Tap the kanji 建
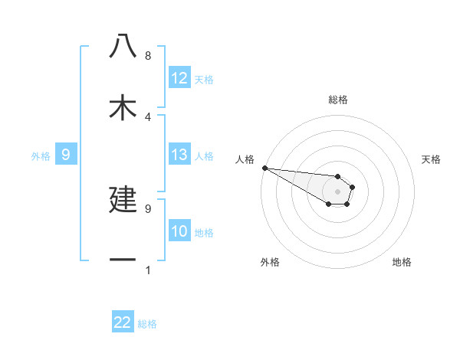click(x=123, y=198)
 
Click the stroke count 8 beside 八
click(x=147, y=56)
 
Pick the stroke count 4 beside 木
click(x=147, y=116)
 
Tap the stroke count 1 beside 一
click(x=147, y=270)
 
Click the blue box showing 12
click(x=179, y=78)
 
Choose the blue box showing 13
click(x=179, y=155)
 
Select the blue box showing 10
click(x=179, y=232)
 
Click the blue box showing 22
click(x=123, y=323)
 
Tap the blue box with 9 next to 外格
click(x=66, y=155)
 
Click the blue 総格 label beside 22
click(x=147, y=324)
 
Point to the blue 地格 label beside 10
click(x=204, y=233)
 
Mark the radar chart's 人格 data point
click(x=264, y=168)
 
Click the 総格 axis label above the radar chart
click(x=337, y=100)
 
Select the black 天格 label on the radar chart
click(x=432, y=159)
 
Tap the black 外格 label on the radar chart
click(x=270, y=262)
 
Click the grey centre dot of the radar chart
click(x=337, y=191)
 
